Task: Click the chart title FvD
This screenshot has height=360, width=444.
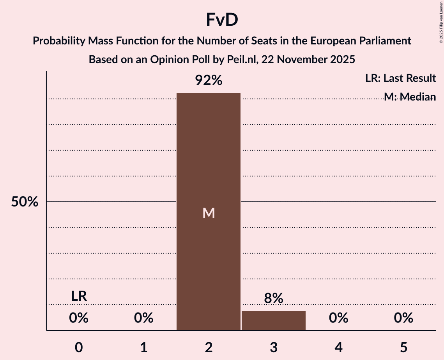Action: (x=222, y=20)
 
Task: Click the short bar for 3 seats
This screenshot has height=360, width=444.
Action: (x=273, y=321)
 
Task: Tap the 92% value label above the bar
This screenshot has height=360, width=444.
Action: (x=209, y=81)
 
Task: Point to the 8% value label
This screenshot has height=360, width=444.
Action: (x=273, y=298)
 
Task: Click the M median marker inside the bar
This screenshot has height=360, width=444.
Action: (x=209, y=213)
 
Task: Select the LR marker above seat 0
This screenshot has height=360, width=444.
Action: (x=79, y=296)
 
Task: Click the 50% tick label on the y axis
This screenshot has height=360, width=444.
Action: (x=25, y=202)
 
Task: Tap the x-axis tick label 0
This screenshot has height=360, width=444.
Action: (x=79, y=347)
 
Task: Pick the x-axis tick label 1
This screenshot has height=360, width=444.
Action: (x=144, y=347)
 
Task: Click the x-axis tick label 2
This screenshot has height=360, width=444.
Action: (x=209, y=347)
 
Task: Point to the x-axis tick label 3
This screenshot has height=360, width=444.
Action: (x=273, y=347)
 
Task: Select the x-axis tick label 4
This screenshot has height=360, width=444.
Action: (x=338, y=347)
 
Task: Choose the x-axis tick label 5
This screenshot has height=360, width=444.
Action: (x=403, y=347)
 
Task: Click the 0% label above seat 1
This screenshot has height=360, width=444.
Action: (x=144, y=318)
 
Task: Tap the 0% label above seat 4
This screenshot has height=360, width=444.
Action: (x=338, y=318)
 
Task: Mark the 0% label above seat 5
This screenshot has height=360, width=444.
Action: (x=403, y=318)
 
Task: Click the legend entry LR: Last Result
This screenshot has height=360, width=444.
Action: (x=400, y=78)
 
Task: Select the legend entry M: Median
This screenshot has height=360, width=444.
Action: (x=409, y=97)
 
